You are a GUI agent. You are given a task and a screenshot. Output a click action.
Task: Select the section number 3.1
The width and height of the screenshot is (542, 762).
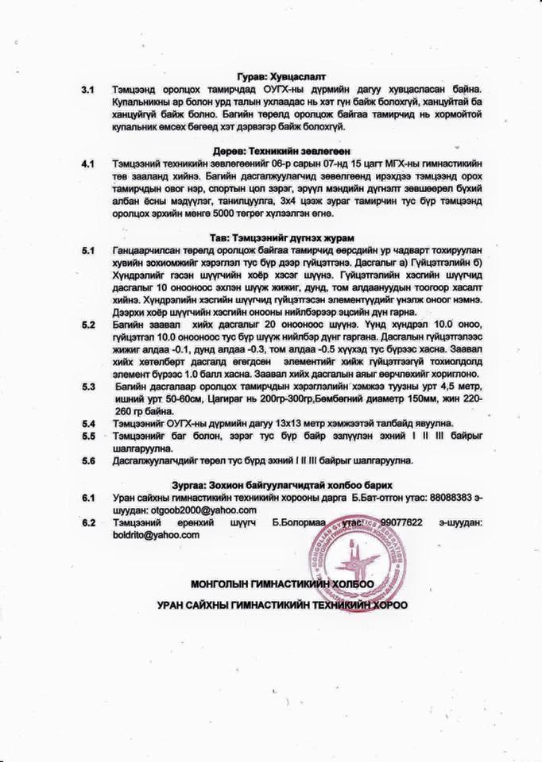(87, 91)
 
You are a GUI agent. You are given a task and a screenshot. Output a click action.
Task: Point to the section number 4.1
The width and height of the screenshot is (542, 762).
(87, 164)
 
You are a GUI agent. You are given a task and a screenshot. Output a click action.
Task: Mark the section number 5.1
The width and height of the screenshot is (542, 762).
(87, 251)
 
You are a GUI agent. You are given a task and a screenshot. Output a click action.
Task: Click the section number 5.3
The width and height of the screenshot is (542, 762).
(87, 387)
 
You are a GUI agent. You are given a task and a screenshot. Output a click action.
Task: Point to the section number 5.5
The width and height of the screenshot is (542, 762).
(87, 436)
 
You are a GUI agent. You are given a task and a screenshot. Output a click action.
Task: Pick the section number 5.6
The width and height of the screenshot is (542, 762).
(87, 460)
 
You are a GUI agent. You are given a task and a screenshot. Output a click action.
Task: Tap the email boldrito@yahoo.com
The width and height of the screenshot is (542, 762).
(157, 535)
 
